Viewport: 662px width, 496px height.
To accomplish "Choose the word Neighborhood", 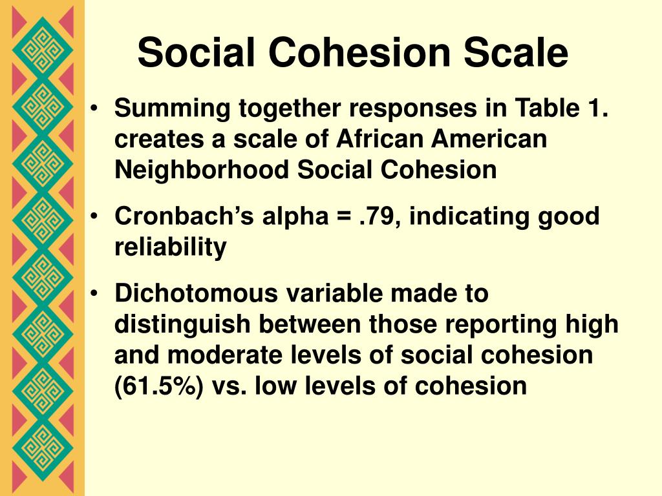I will click(201, 169).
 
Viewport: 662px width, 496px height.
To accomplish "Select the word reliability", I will click(170, 247).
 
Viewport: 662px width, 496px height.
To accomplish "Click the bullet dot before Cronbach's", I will click(95, 216).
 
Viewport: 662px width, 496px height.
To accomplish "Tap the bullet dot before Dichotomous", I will click(95, 293).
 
